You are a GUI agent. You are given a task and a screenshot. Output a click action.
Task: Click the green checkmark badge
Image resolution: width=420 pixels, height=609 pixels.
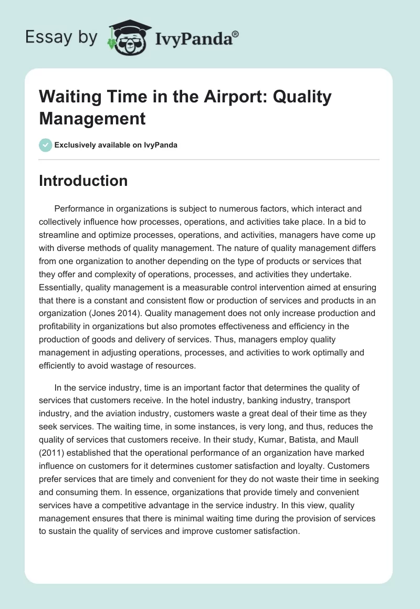click(46, 145)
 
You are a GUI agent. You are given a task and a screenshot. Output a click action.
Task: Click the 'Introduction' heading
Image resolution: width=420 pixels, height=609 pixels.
click(83, 181)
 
